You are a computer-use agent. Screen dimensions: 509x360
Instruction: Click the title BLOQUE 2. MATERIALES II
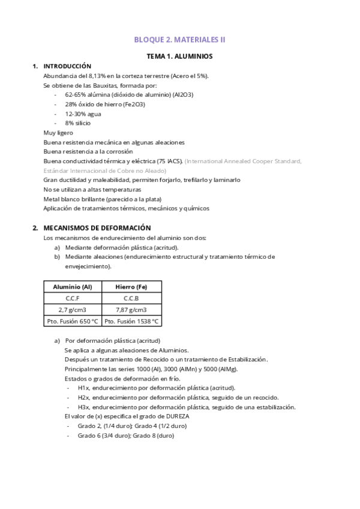coord(180,40)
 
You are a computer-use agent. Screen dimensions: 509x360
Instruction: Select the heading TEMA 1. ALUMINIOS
coord(180,56)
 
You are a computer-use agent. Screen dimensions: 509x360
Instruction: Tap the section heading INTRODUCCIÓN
coord(67,67)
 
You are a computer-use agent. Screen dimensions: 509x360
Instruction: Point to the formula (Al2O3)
coord(182,95)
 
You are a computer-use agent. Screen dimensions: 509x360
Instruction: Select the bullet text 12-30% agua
coord(83,113)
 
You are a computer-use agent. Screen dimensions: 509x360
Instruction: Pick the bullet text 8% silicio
coord(78,123)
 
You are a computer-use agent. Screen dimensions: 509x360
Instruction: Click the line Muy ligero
coord(58,133)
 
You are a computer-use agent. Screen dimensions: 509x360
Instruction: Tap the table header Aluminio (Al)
coord(73,287)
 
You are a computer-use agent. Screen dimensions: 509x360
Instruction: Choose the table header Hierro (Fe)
coord(131,287)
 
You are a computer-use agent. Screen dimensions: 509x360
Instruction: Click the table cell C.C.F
coord(73,298)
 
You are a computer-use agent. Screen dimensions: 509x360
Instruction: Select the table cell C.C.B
coord(131,298)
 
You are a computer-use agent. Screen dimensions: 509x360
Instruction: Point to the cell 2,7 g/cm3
coord(73,310)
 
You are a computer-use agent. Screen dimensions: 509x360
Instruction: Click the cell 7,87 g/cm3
coord(131,310)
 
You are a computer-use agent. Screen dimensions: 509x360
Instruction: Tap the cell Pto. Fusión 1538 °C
coord(131,321)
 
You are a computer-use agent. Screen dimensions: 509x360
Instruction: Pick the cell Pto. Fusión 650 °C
coord(73,321)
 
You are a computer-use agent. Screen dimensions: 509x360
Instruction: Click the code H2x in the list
coord(84,397)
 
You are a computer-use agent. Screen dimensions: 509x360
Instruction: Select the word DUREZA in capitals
coord(187,417)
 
